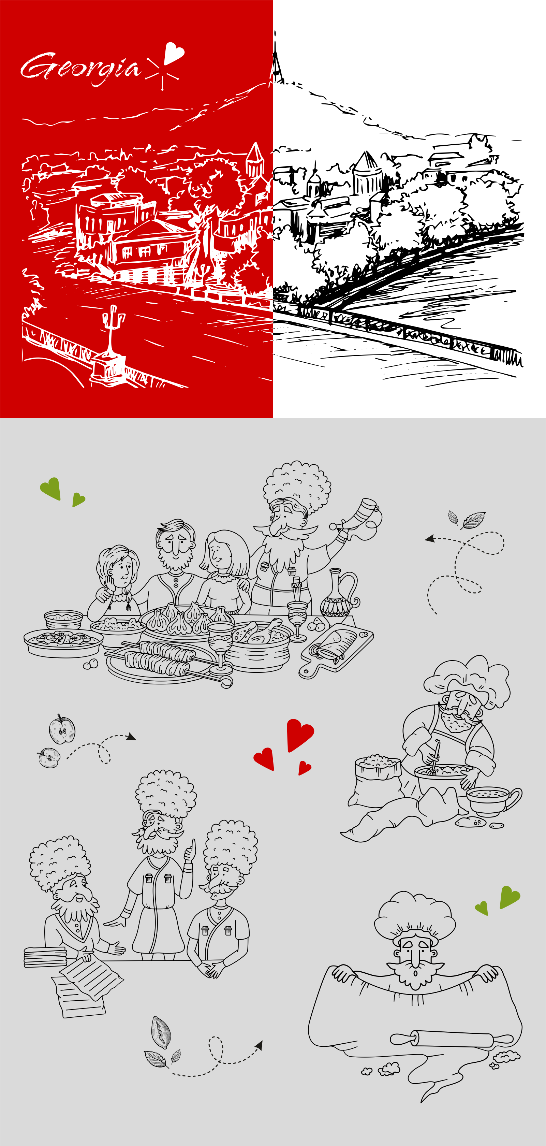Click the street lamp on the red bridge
click(111, 331)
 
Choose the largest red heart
click(300, 735)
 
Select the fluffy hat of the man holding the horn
click(297, 487)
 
